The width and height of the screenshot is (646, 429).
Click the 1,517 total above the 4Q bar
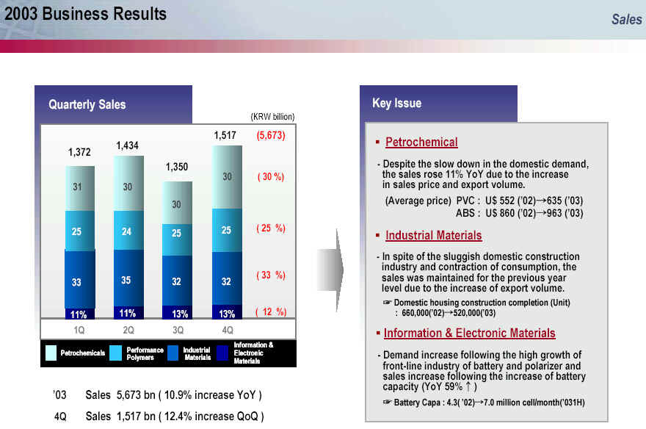pyautogui.click(x=225, y=135)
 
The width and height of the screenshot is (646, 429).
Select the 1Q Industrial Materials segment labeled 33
pyautogui.click(x=80, y=279)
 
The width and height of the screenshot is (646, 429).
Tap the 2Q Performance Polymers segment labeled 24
pyautogui.click(x=128, y=231)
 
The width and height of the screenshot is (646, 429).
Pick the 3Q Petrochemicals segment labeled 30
pyautogui.click(x=177, y=203)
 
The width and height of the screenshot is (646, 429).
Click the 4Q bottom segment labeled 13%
pyautogui.click(x=227, y=312)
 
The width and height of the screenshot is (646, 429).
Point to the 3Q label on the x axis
pyautogui.click(x=178, y=330)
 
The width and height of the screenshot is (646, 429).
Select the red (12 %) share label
pyautogui.click(x=271, y=311)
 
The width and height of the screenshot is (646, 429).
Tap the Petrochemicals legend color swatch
pyautogui.click(x=51, y=353)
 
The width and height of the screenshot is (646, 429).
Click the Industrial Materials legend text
pyautogui.click(x=197, y=353)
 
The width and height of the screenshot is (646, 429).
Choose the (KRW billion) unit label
pyautogui.click(x=273, y=117)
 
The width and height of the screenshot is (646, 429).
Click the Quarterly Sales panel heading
pyautogui.click(x=87, y=104)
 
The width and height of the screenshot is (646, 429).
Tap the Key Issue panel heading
pyautogui.click(x=396, y=103)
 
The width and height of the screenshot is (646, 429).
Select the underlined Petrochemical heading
pyautogui.click(x=421, y=143)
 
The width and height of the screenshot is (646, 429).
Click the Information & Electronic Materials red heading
pyautogui.click(x=470, y=333)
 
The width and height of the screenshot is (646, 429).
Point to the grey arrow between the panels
pyautogui.click(x=331, y=270)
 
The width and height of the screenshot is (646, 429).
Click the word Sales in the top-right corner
pyautogui.click(x=626, y=19)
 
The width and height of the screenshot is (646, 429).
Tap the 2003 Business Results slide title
pyautogui.click(x=85, y=14)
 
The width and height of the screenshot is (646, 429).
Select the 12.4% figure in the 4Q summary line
pyautogui.click(x=178, y=417)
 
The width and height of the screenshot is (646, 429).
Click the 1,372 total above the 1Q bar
pyautogui.click(x=79, y=152)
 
